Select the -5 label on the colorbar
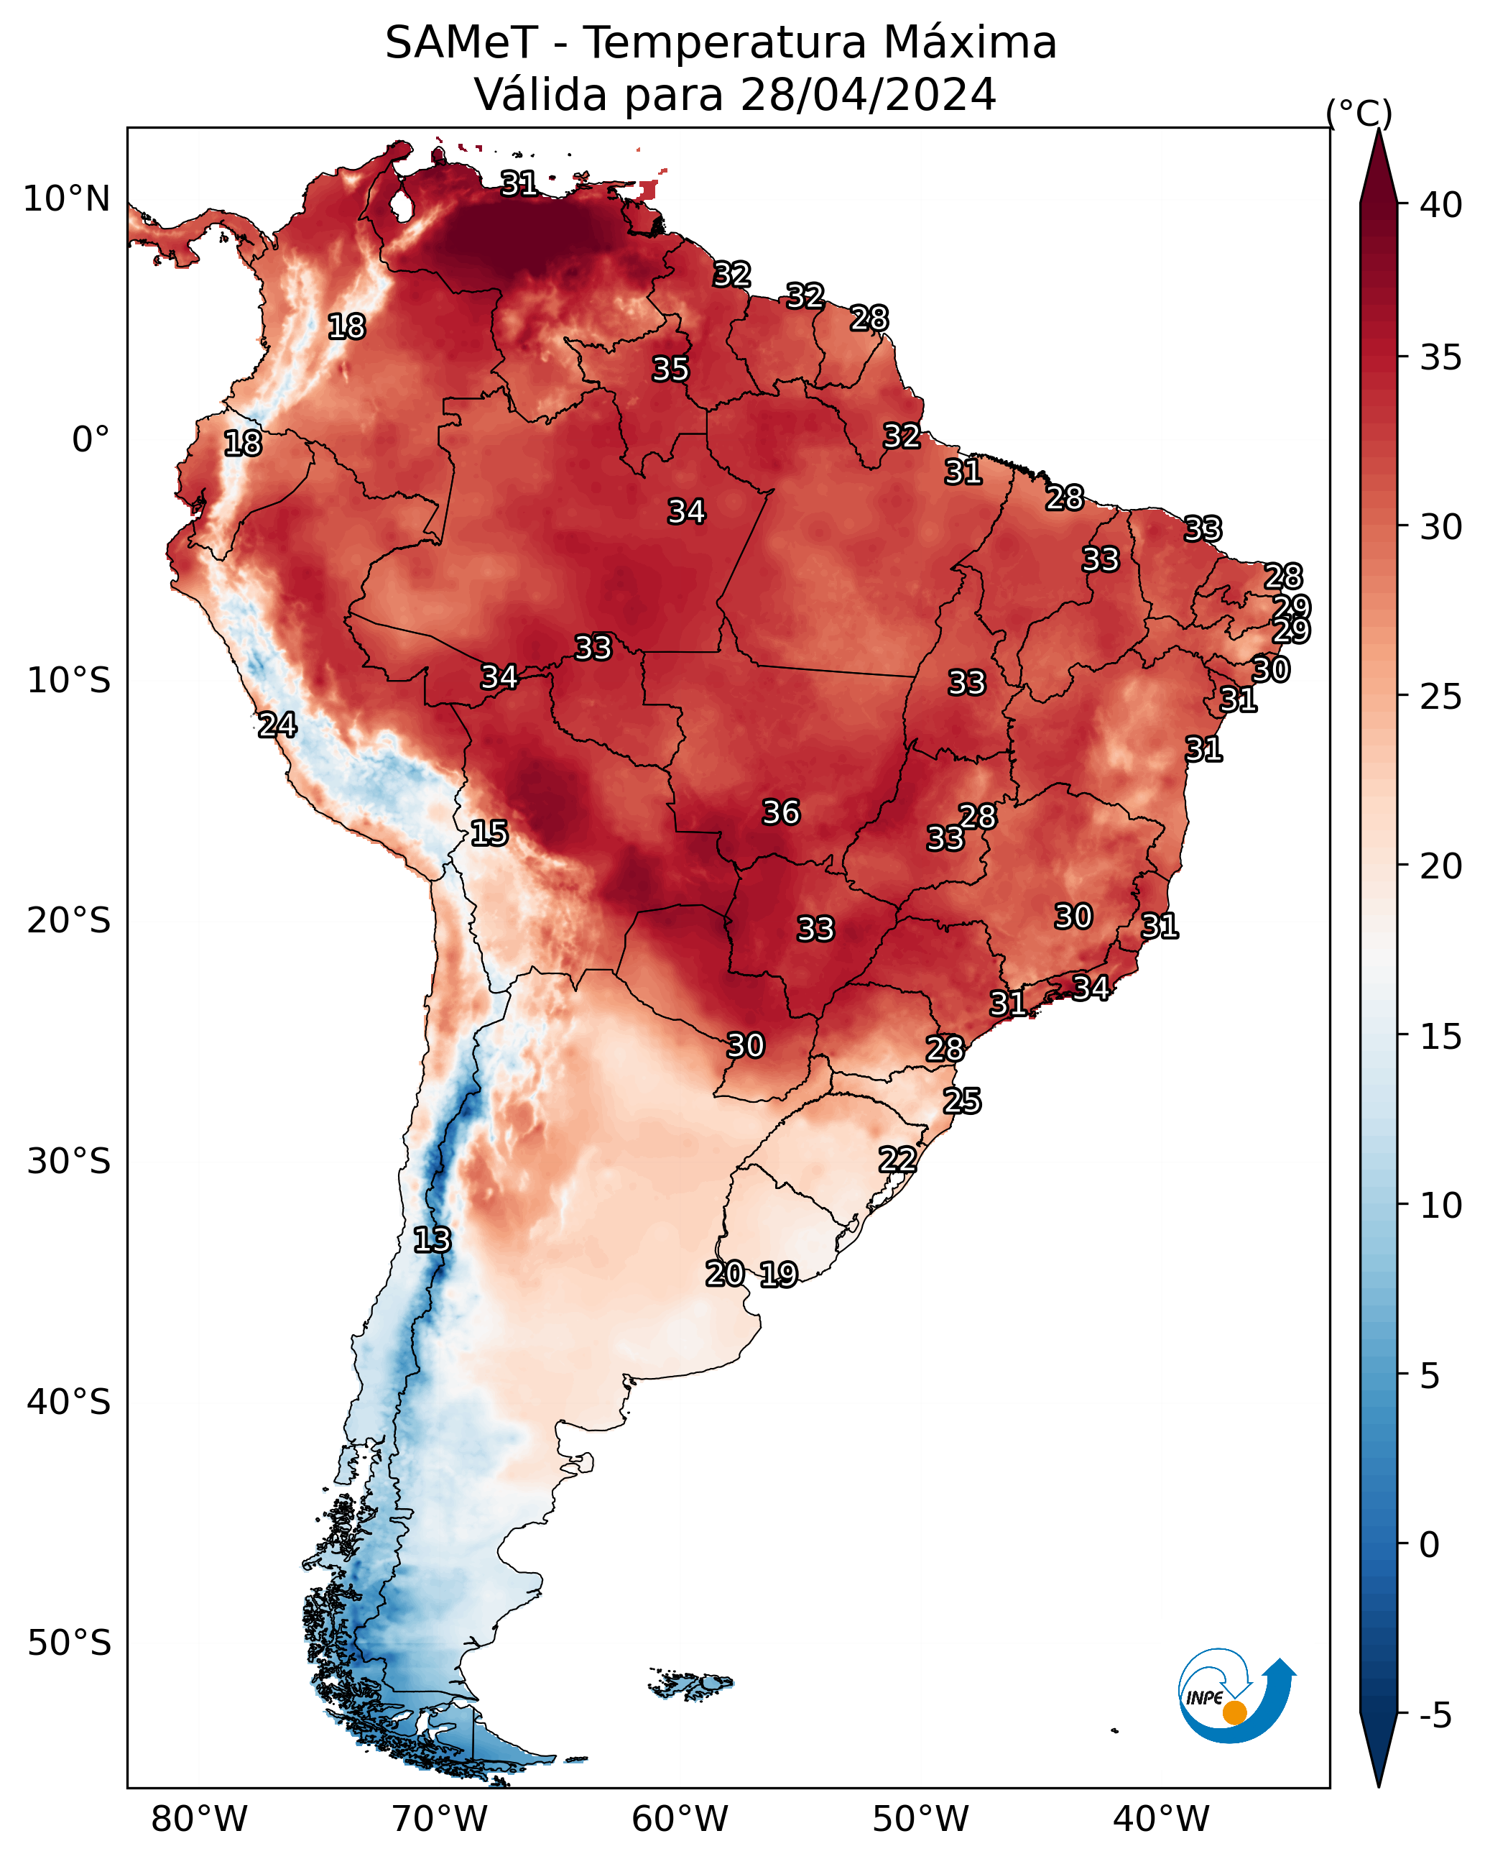click(x=1436, y=1715)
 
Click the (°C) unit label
click(x=1359, y=114)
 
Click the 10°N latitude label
click(x=66, y=199)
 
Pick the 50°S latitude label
click(x=69, y=1643)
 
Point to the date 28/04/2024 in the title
click(x=868, y=94)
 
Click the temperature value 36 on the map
click(x=781, y=812)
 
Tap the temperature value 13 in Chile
click(x=432, y=1240)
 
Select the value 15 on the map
click(x=489, y=833)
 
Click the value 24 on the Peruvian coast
click(x=277, y=725)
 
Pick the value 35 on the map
click(x=670, y=369)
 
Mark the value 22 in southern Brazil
click(x=897, y=1159)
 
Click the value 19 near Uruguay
click(x=778, y=1275)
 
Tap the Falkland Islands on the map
click(x=691, y=1683)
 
